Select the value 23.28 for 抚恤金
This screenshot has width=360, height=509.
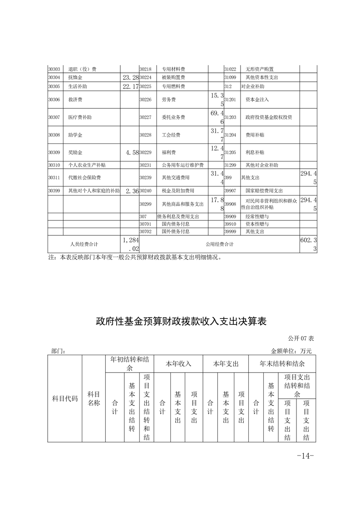130,78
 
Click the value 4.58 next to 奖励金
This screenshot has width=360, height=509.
131,152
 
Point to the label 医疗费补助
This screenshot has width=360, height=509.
79,117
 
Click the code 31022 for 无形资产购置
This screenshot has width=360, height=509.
230,69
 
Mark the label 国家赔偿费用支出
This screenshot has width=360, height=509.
264,191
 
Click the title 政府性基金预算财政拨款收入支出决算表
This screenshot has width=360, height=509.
181,322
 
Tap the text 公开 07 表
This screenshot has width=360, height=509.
301,338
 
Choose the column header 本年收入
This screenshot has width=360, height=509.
178,364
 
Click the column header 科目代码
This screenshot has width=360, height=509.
65,399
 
